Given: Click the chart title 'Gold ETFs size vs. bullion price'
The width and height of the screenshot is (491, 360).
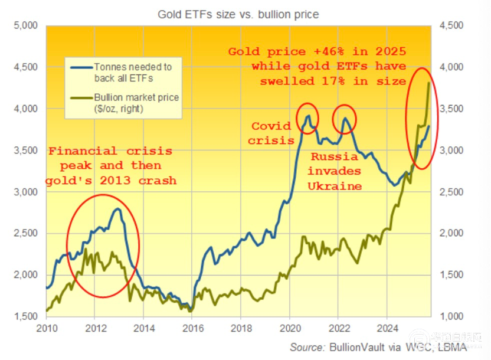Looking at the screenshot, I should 238,13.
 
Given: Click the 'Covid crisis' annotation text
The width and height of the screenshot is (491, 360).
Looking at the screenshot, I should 271,133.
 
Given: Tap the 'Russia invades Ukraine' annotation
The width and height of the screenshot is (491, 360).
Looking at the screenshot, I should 333,172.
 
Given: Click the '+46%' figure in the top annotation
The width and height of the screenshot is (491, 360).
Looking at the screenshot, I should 323,52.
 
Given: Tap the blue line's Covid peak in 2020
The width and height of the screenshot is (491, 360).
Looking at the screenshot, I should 307,116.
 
